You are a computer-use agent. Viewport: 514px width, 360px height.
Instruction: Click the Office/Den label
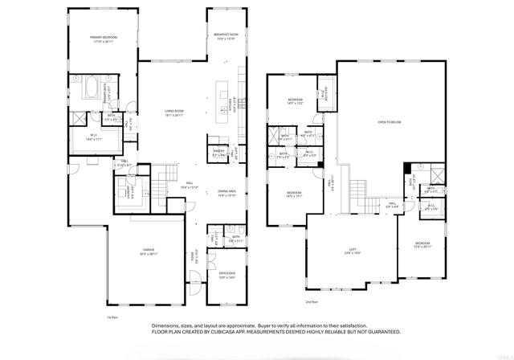226,276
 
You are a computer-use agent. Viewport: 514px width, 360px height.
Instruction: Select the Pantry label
218,151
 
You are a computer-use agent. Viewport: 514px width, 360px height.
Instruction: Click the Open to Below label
390,122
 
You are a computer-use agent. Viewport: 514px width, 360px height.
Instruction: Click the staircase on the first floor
164,174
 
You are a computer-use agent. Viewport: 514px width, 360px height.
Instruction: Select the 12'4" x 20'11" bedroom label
423,244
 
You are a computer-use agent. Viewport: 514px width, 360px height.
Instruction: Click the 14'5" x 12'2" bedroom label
295,101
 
